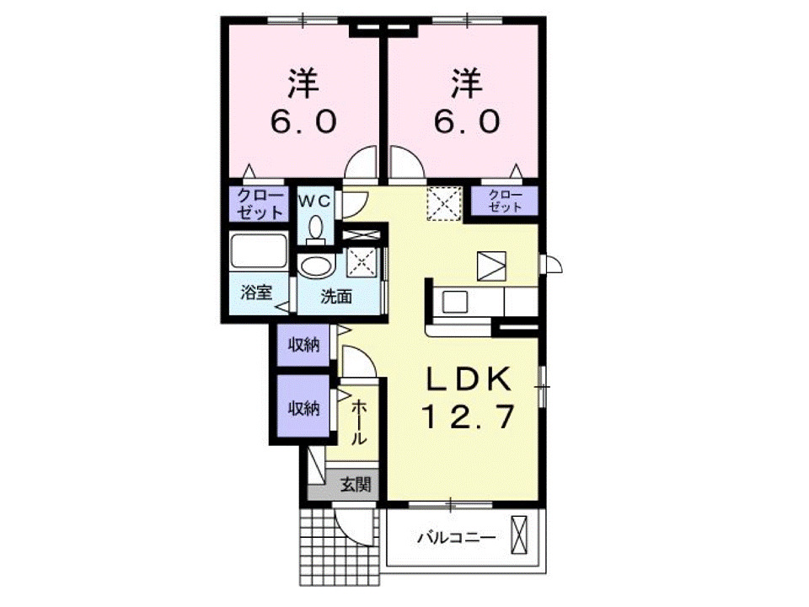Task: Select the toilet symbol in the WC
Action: (x=315, y=228)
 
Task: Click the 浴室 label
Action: (x=255, y=293)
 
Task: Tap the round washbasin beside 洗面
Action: (x=315, y=268)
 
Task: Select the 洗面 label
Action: (x=336, y=296)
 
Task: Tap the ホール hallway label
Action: (x=358, y=422)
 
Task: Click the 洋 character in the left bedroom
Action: (x=303, y=83)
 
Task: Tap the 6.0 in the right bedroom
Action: (x=466, y=122)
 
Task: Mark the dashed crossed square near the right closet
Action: (x=443, y=203)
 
